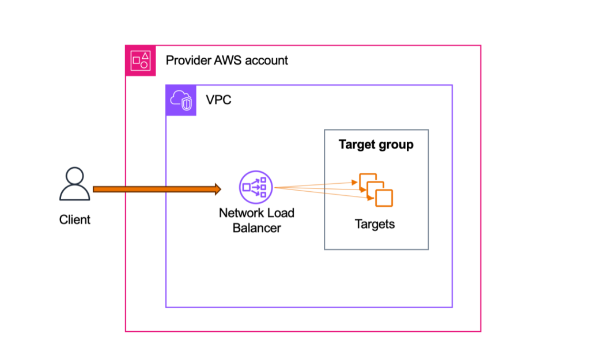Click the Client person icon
(75, 184)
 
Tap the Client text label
(75, 219)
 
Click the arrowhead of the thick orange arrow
(217, 188)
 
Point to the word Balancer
(257, 228)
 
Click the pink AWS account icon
(141, 60)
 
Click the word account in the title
(267, 60)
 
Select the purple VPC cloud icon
(181, 100)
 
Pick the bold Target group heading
(376, 145)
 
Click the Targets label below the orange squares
(375, 224)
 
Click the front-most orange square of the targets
(384, 198)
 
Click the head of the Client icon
(75, 175)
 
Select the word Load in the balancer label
(280, 213)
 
